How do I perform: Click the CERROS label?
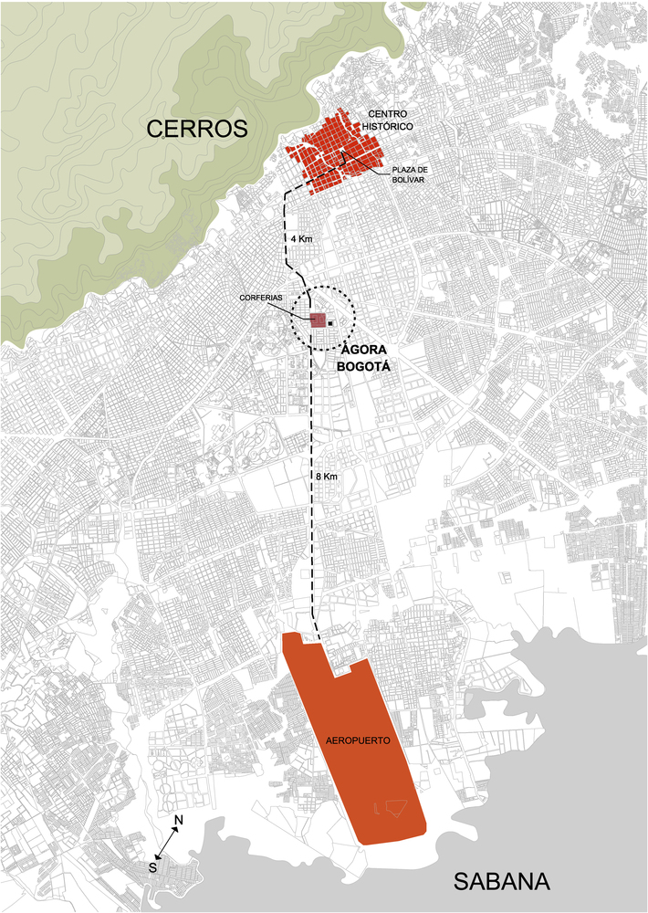(197, 130)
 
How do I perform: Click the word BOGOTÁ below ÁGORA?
(364, 366)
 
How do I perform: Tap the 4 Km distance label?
(301, 238)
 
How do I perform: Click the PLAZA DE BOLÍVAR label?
(410, 174)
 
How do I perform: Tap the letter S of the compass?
(153, 866)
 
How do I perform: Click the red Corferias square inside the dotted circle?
(319, 320)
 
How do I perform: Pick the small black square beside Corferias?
(331, 322)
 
